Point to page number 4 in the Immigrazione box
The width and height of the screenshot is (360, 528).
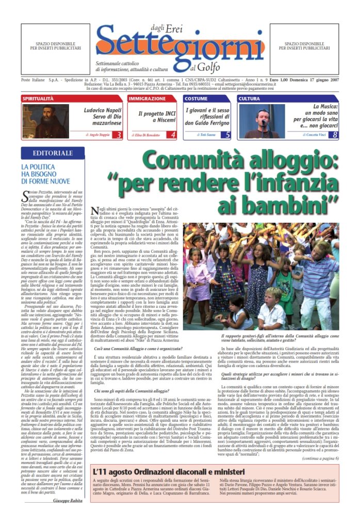click(x=173, y=135)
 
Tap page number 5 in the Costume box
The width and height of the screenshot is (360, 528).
click(x=228, y=135)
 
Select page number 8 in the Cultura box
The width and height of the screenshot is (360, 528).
click(x=335, y=135)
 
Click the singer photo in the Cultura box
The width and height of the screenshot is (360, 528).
click(x=262, y=121)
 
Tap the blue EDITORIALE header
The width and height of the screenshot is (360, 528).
click(x=53, y=153)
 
